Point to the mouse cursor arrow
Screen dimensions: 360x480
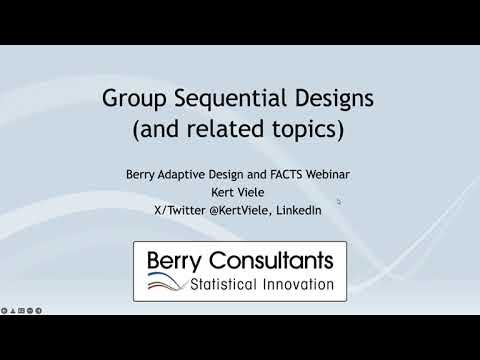click(338, 201)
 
